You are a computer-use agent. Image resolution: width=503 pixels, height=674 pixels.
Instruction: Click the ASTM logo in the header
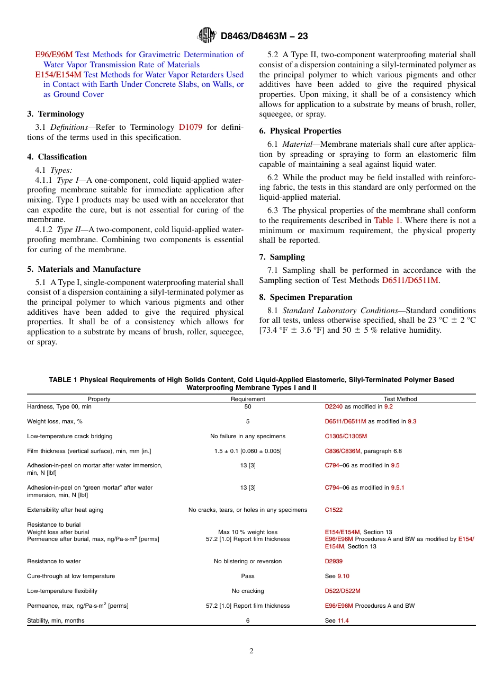pyautogui.click(x=206, y=36)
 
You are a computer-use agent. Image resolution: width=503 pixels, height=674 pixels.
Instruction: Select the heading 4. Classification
pyautogui.click(x=57, y=157)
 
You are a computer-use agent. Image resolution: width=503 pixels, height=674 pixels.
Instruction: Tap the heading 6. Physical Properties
pyautogui.click(x=300, y=131)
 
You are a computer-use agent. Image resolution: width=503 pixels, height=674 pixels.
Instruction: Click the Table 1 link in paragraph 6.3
pyautogui.click(x=388, y=220)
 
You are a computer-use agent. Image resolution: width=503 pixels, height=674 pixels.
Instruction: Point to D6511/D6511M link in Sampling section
pyautogui.click(x=410, y=280)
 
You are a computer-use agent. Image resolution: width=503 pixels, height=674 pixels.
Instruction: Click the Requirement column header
pyautogui.click(x=248, y=399)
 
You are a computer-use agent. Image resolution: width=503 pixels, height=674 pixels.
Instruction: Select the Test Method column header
pyautogui.click(x=400, y=399)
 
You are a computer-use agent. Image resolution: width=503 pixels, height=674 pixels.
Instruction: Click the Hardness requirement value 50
pyautogui.click(x=248, y=407)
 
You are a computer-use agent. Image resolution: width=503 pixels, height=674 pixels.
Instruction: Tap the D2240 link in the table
pyautogui.click(x=334, y=407)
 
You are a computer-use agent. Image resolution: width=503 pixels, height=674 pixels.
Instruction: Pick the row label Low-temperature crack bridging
pyautogui.click(x=69, y=437)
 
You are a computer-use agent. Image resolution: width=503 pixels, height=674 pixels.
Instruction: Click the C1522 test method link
pyautogui.click(x=334, y=510)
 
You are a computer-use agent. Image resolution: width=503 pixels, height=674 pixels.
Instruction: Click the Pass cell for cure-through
pyautogui.click(x=248, y=577)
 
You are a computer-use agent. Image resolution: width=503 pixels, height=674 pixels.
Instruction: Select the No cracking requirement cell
pyautogui.click(x=248, y=591)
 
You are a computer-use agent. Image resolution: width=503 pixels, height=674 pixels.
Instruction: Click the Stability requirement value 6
pyautogui.click(x=248, y=621)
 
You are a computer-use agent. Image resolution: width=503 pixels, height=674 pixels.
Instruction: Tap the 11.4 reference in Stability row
pyautogui.click(x=343, y=621)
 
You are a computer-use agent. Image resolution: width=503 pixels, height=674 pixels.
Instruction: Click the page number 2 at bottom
pyautogui.click(x=251, y=652)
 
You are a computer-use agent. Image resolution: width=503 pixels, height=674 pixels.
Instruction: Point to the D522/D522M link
pyautogui.click(x=342, y=591)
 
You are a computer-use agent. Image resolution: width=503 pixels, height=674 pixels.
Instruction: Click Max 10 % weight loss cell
pyautogui.click(x=248, y=533)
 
